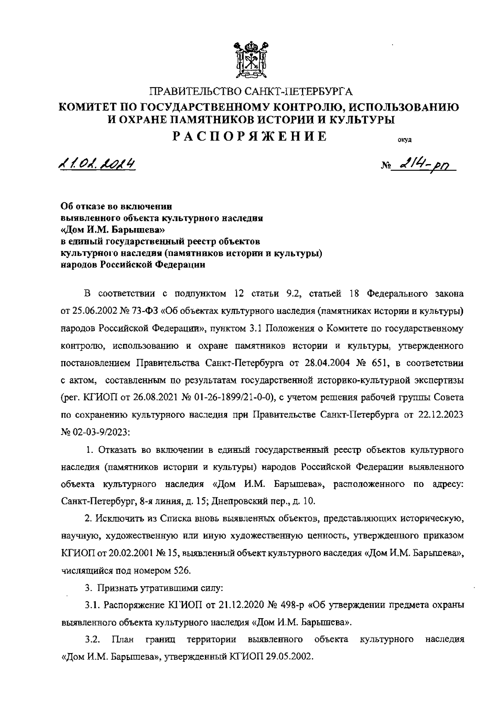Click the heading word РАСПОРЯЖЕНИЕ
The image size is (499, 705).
(x=250, y=137)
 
